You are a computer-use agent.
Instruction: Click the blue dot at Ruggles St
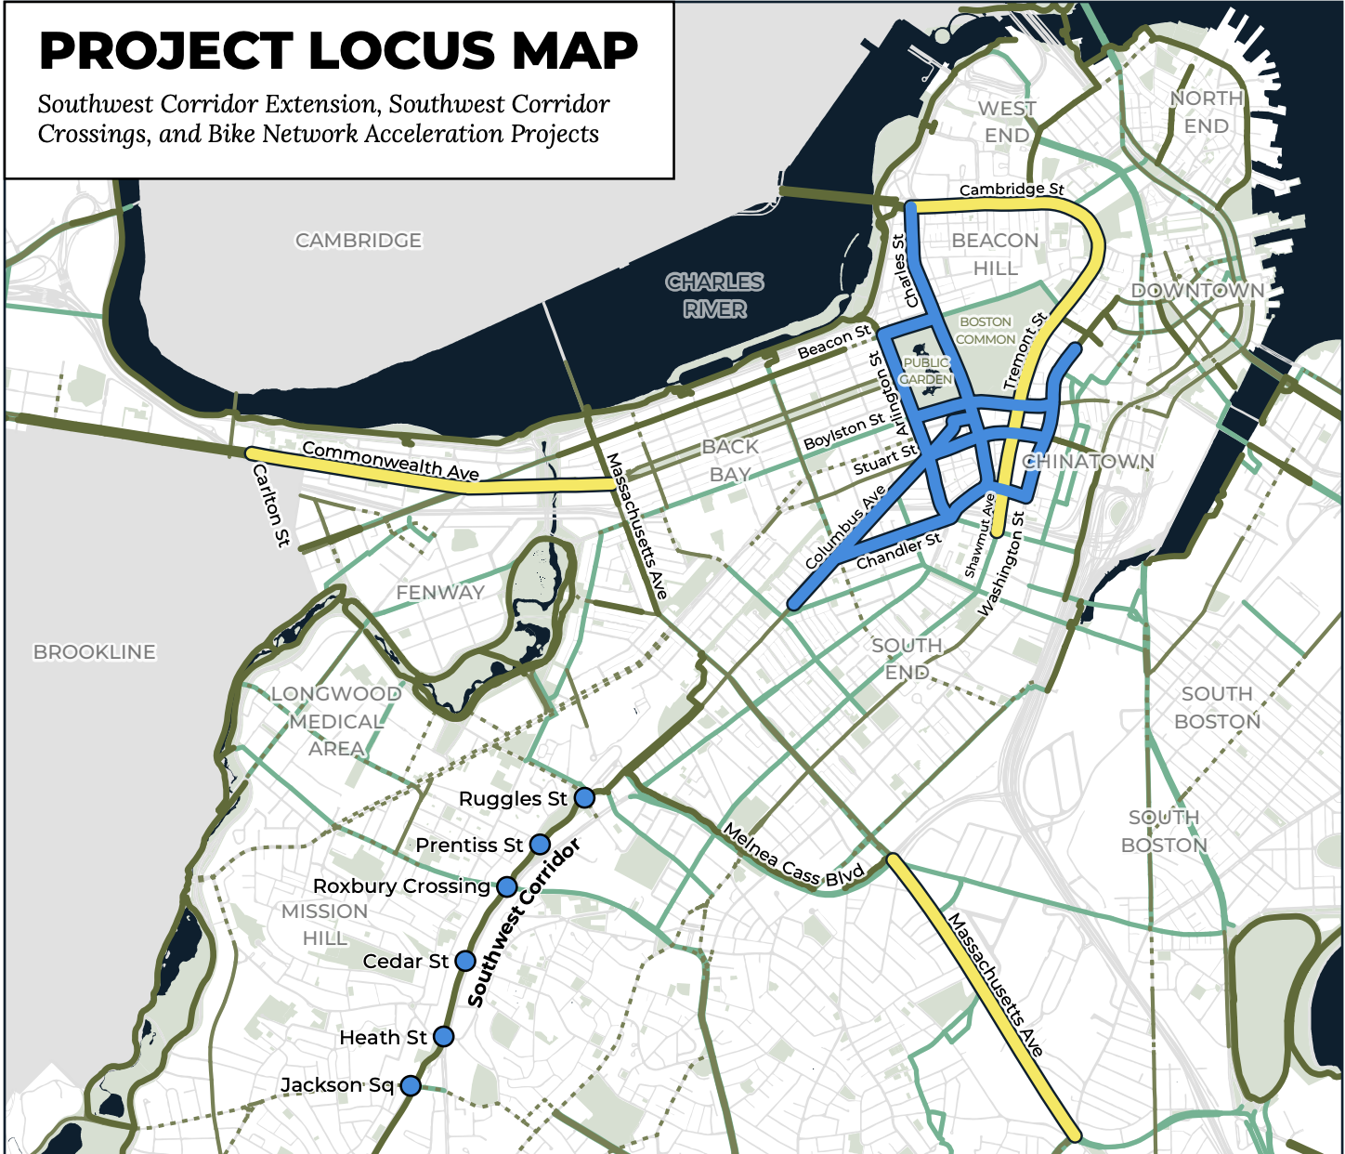pyautogui.click(x=584, y=797)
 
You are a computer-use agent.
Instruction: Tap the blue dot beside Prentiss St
pyautogui.click(x=540, y=845)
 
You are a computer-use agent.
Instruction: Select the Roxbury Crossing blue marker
pyautogui.click(x=507, y=886)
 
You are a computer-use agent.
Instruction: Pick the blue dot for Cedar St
pyautogui.click(x=465, y=961)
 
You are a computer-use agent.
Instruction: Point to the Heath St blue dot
pyautogui.click(x=444, y=1036)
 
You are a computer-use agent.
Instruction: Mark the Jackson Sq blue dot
pyautogui.click(x=411, y=1085)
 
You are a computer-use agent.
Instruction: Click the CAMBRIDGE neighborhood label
pyautogui.click(x=359, y=241)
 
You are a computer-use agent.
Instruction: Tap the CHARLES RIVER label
pyautogui.click(x=714, y=295)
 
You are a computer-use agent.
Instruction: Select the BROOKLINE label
pyautogui.click(x=95, y=652)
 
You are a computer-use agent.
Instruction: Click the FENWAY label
pyautogui.click(x=440, y=593)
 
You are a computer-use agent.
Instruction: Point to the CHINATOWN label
pyautogui.click(x=1089, y=462)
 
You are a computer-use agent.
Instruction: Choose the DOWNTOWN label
pyautogui.click(x=1197, y=291)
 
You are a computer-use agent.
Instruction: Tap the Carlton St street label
pyautogui.click(x=271, y=505)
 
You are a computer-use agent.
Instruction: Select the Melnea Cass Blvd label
pyautogui.click(x=793, y=856)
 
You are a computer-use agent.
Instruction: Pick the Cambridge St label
pyautogui.click(x=1012, y=190)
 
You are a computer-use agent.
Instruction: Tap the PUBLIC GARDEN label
pyautogui.click(x=926, y=371)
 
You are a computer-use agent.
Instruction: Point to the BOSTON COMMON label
pyautogui.click(x=986, y=331)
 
